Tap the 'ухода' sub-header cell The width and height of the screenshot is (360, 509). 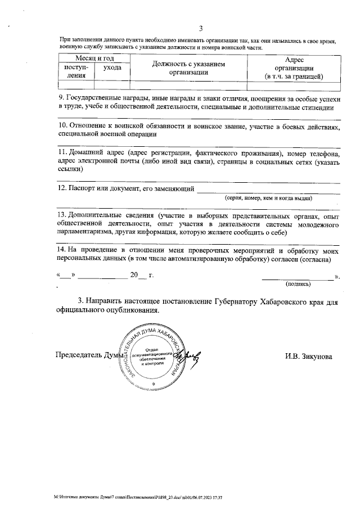pos(112,67)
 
